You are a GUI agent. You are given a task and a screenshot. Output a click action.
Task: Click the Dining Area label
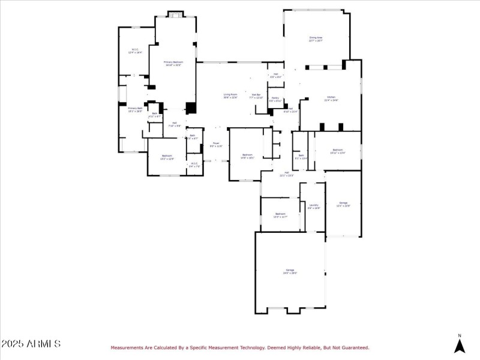coord(316,39)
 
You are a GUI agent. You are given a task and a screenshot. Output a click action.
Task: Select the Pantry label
coord(275,99)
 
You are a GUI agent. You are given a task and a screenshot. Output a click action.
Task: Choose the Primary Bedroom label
coord(173,64)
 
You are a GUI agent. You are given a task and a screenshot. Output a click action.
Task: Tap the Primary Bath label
coord(135,110)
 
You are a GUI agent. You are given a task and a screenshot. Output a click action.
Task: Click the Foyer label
coord(216,145)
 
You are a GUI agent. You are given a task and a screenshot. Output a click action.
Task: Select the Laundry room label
coord(314,206)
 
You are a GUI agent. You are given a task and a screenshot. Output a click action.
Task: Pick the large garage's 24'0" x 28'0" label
coord(290,272)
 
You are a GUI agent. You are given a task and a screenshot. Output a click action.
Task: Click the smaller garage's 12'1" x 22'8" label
coord(343,204)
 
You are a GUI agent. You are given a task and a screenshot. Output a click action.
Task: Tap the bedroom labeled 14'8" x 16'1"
coord(248,156)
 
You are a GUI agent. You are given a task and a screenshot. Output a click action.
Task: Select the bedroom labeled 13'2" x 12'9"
coord(167,158)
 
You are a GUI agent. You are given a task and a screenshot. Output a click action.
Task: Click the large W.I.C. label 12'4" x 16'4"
coord(134,52)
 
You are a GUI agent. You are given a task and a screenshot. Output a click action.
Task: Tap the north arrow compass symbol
coord(460,344)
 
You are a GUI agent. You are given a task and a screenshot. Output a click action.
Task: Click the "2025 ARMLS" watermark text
coord(31,344)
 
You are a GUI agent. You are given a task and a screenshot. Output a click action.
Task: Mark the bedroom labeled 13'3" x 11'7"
coord(280,215)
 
